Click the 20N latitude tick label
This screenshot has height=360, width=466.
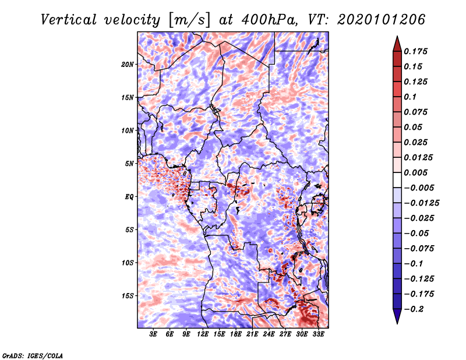[128, 64]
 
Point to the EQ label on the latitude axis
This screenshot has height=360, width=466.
[129, 197]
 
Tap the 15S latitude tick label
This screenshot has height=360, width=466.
[128, 296]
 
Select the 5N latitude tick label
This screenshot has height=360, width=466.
[129, 164]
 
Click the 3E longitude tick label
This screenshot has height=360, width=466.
[154, 334]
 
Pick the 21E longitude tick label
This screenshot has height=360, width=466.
[252, 334]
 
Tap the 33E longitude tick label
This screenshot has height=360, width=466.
[318, 334]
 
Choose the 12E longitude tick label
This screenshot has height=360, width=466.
[203, 334]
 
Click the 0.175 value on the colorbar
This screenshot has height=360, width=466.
[417, 51]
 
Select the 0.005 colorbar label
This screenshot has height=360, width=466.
[417, 172]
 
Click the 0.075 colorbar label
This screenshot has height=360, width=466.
[417, 112]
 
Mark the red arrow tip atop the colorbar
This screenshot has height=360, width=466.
[396, 39]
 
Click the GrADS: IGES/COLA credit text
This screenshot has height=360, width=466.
[32, 355]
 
